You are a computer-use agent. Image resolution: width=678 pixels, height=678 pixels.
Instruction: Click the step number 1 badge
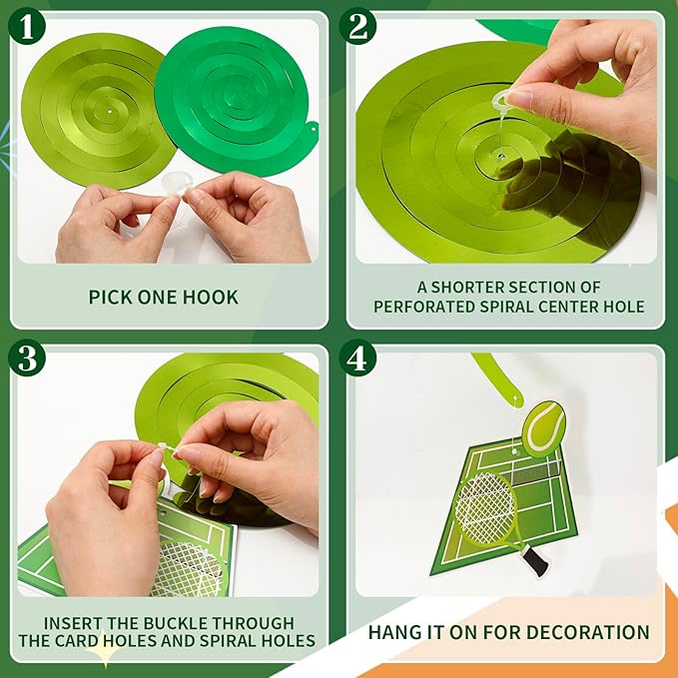tap(27, 26)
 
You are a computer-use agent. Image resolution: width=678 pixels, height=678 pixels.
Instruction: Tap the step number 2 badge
tap(357, 26)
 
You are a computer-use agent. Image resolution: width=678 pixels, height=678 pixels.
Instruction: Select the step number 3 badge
tap(27, 357)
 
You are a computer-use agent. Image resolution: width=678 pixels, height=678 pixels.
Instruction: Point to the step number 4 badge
tap(357, 357)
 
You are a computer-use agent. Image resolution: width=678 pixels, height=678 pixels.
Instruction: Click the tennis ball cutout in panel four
tap(543, 428)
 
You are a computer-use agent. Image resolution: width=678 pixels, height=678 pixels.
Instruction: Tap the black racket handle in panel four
tap(535, 560)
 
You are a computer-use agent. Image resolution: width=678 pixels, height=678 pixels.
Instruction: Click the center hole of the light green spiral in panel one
tap(110, 111)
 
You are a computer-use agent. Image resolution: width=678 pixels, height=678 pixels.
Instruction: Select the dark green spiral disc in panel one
tap(236, 102)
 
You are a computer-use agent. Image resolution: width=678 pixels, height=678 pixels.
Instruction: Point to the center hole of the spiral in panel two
tap(500, 156)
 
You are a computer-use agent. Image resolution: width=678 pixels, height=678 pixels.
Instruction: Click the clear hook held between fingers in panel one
tap(175, 184)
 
